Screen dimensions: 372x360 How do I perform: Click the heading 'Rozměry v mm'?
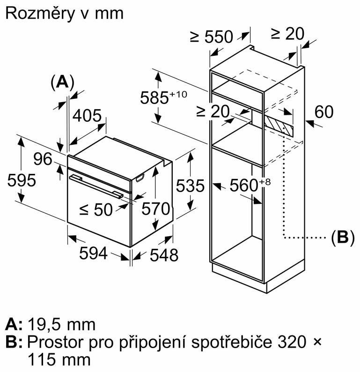point(64,13)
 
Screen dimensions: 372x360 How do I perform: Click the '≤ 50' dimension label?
point(96,210)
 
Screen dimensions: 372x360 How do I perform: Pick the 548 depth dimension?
point(163,255)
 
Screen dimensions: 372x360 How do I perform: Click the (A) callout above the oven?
point(62,82)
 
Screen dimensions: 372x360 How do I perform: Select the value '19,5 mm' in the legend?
point(62,324)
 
